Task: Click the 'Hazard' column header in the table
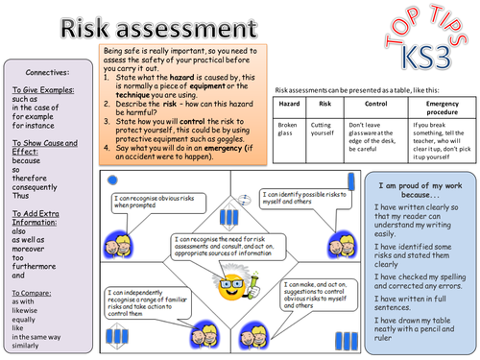289,103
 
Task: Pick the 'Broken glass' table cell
289,130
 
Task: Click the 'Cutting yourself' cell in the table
324,130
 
